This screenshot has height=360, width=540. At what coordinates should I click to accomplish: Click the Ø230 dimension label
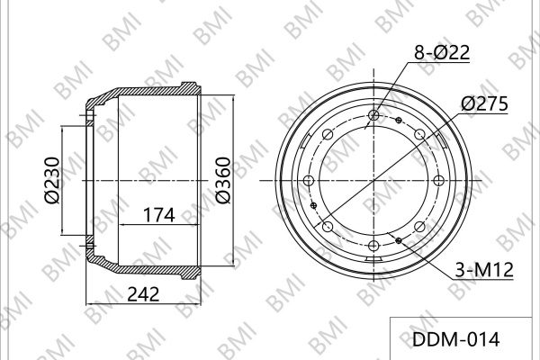52,180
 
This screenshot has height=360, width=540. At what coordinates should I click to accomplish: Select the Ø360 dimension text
222,180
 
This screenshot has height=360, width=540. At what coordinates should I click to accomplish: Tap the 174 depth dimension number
158,215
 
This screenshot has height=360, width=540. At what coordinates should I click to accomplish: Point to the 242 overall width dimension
144,294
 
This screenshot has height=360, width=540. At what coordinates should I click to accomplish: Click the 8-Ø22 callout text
442,53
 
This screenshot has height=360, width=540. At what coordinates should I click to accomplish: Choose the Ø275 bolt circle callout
484,103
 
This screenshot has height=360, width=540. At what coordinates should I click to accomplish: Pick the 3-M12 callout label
484,270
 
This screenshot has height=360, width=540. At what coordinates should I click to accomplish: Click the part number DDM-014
455,339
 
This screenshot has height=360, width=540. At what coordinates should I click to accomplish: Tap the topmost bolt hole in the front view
373,115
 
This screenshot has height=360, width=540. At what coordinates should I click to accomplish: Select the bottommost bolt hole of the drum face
373,246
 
